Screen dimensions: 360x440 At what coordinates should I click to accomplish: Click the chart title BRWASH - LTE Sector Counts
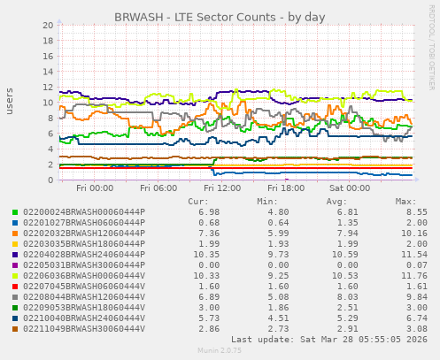pyautogui.click(x=220, y=18)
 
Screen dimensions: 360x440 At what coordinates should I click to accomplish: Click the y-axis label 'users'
pyautogui.click(x=10, y=102)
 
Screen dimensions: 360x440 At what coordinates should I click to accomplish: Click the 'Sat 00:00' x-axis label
pyautogui.click(x=324, y=188)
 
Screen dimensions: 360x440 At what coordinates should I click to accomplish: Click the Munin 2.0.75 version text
pyautogui.click(x=219, y=351)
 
